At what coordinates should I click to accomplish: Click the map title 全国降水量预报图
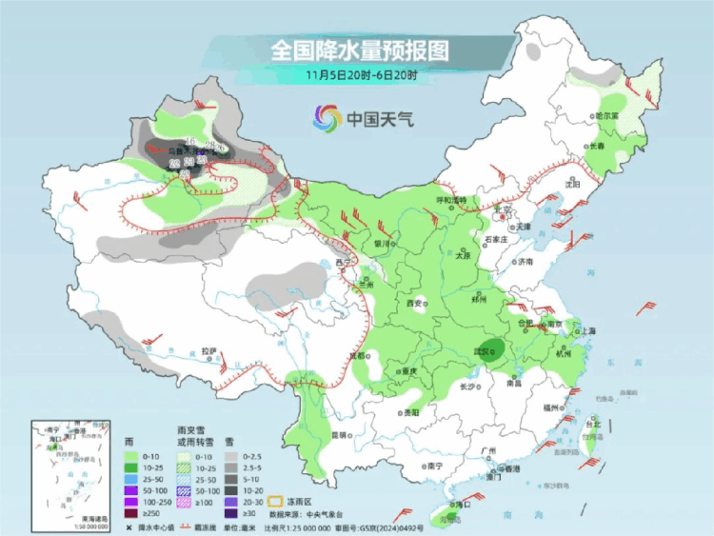pyautogui.click(x=359, y=48)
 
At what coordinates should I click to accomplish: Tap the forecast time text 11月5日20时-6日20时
pyautogui.click(x=359, y=73)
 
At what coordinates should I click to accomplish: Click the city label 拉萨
pyautogui.click(x=209, y=350)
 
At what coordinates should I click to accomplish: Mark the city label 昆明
pyautogui.click(x=338, y=435)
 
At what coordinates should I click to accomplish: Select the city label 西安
pyautogui.click(x=414, y=303)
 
